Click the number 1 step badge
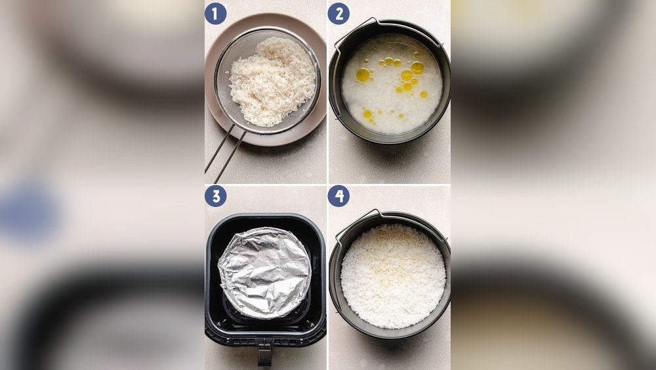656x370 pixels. (215, 13)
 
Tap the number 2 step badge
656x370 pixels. (338, 13)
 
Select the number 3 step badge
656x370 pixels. (215, 196)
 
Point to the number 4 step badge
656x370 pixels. (338, 196)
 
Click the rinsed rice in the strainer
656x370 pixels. (272, 81)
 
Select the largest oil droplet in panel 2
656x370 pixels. (363, 75)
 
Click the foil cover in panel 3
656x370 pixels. (264, 272)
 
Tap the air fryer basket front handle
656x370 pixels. (264, 356)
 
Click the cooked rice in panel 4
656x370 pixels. (393, 276)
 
